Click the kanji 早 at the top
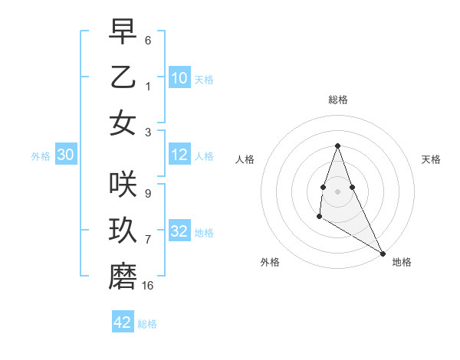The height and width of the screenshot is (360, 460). click(123, 32)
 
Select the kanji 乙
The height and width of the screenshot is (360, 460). click(123, 77)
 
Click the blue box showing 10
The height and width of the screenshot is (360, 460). click(179, 78)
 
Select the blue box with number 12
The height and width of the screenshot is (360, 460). click(179, 155)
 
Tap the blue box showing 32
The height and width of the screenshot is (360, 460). click(179, 231)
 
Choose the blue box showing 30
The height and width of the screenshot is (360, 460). click(65, 155)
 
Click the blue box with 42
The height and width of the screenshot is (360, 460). click(123, 322)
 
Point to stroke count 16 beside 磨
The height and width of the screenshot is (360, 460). click(148, 286)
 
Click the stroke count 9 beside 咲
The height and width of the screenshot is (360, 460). click(147, 194)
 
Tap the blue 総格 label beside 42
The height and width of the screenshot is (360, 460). click(147, 324)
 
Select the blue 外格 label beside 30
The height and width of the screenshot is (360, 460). click(41, 156)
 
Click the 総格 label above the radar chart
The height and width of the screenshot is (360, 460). click(337, 100)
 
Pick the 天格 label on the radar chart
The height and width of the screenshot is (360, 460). click(432, 159)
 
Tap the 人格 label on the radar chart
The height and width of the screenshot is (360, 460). click(245, 159)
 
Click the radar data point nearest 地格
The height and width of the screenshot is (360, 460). click(383, 254)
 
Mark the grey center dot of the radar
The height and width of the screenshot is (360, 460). click(337, 190)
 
